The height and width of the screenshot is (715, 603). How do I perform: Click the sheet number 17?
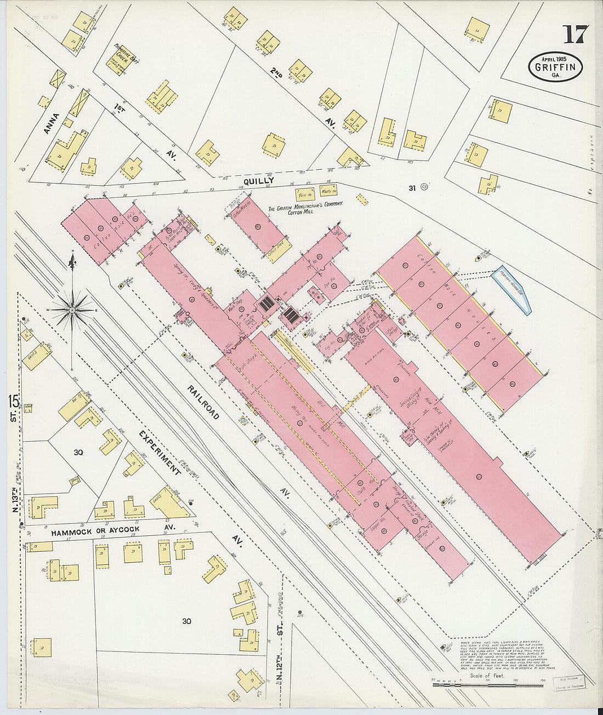pos(575,35)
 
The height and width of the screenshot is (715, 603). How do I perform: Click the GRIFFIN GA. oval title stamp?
pos(555,67)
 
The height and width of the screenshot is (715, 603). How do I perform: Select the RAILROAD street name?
pos(203,402)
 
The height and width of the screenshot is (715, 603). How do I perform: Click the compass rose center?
pos(72,310)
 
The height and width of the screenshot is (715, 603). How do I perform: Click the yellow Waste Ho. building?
pos(328,191)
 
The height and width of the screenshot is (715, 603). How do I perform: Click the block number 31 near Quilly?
pos(411,188)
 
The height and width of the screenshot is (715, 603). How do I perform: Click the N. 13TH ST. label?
pos(16,499)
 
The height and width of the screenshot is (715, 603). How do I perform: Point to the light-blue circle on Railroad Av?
pos(242,421)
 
